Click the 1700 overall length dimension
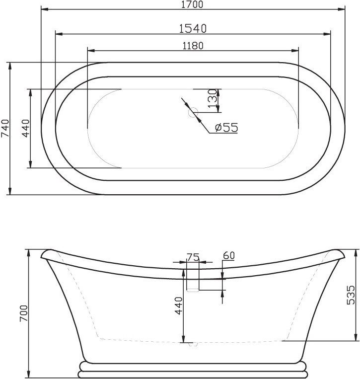(192, 4)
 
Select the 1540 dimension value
(192, 28)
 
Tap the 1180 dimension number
(192, 45)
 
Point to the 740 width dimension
(5, 128)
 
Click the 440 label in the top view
(26, 128)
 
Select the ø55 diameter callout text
(226, 128)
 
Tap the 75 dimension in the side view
(192, 257)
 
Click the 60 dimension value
(229, 256)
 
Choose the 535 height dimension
(351, 295)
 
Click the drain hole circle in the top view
(193, 113)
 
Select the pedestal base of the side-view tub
(192, 370)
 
